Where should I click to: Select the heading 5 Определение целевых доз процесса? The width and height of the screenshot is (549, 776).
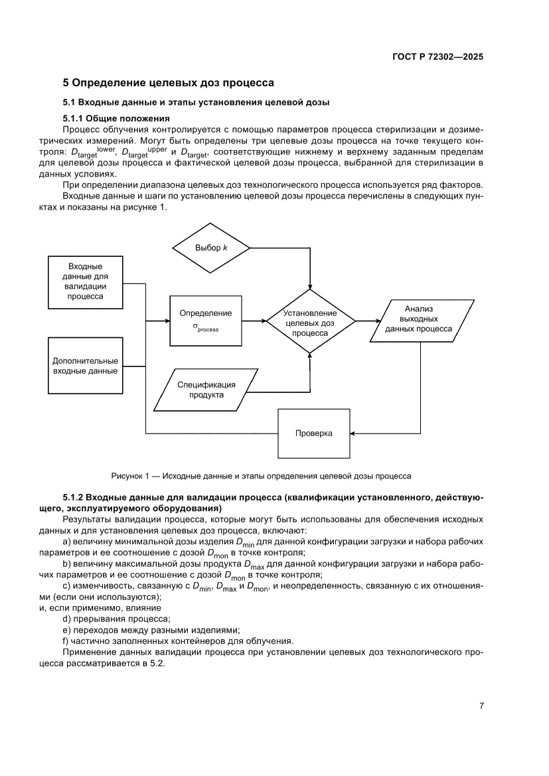click(x=169, y=84)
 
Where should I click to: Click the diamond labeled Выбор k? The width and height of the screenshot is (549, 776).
click(x=211, y=248)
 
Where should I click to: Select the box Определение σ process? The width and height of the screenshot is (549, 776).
click(x=206, y=320)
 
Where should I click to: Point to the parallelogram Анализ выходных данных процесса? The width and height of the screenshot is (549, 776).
click(x=418, y=319)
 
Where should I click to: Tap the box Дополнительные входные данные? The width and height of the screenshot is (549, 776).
click(x=85, y=366)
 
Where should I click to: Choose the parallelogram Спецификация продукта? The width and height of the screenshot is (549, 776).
click(x=206, y=389)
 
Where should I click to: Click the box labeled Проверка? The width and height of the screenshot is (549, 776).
click(x=313, y=433)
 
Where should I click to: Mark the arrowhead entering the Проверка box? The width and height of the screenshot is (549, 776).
click(x=353, y=433)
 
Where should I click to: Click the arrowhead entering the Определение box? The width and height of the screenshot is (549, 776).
click(x=167, y=321)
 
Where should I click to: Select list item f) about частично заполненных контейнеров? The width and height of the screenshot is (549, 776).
click(x=177, y=641)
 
